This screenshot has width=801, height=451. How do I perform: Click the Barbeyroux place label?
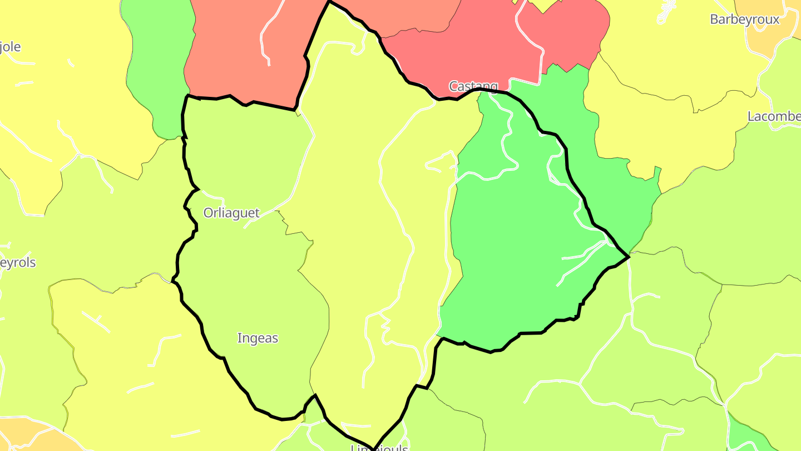coord(744,19)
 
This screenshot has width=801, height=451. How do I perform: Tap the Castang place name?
coord(473,86)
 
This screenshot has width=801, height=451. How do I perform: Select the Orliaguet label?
coord(231,213)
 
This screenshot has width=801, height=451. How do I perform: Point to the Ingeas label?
coord(258,338)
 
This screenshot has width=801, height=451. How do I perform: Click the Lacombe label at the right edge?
coord(774,116)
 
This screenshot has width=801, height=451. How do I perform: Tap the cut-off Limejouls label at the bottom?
coord(379,447)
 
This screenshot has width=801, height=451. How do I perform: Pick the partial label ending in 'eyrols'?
coord(18,263)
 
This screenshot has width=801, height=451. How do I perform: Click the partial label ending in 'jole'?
coord(10,47)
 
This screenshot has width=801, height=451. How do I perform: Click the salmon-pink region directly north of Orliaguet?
coord(239,56)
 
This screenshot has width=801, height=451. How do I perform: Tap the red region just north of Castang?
coord(473,50)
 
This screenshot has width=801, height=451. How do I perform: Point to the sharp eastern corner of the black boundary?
coord(629,257)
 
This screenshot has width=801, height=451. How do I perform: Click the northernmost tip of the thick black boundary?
coord(329,2)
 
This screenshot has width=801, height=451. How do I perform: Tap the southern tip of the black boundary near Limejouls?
coord(373,447)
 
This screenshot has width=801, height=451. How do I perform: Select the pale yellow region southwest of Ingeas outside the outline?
coord(139,362)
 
